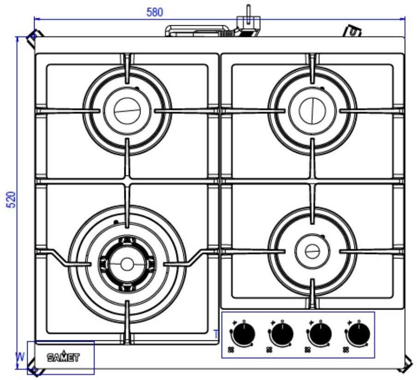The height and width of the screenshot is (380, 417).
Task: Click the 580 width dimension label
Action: tap(154, 12)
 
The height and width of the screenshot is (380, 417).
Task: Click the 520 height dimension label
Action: tap(12, 200)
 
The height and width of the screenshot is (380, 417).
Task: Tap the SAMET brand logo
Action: tap(63, 357)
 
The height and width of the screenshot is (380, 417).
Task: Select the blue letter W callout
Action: tap(20, 357)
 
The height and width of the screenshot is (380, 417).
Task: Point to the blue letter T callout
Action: tap(216, 334)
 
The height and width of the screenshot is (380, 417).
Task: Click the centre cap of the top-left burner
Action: tap(127, 111)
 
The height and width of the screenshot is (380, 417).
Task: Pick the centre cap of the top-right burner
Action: tap(312, 111)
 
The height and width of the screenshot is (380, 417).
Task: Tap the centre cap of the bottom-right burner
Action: tap(312, 251)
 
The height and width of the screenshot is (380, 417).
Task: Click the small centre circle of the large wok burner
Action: tap(127, 264)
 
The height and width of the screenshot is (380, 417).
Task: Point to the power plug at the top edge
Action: tap(248, 24)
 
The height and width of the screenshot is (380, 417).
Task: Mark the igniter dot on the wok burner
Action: tap(116, 222)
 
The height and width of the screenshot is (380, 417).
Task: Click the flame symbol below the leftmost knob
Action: tap(231, 350)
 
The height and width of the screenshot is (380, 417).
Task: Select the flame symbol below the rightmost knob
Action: tap(346, 350)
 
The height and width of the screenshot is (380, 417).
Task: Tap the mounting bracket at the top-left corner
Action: tap(35, 38)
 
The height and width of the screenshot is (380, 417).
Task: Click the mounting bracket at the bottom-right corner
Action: tap(407, 365)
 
